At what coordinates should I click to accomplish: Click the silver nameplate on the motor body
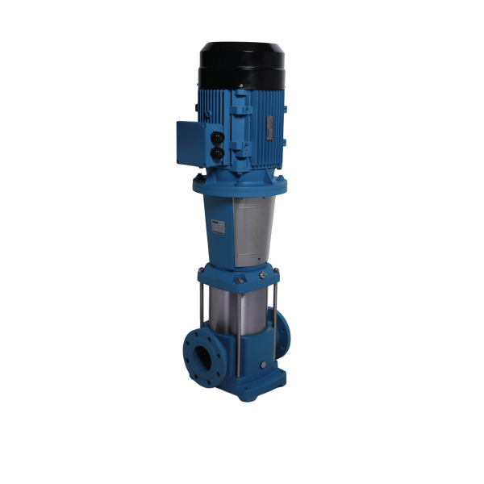pyautogui.click(x=269, y=127)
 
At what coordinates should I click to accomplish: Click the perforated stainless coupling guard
pyautogui.click(x=246, y=230)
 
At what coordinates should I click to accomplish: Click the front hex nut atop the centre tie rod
pyautogui.click(x=239, y=280)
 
